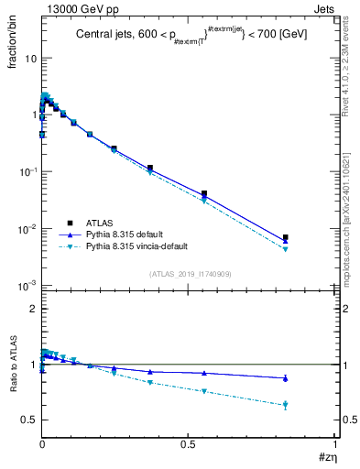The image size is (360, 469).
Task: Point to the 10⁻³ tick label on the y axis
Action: pos(27,286)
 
